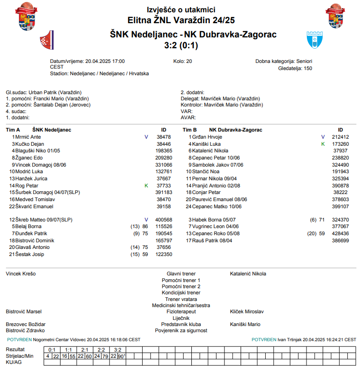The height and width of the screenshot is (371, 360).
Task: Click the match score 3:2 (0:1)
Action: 181,45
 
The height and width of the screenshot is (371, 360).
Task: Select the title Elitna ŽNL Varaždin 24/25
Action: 181,20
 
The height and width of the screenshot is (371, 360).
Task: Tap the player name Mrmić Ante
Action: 28,137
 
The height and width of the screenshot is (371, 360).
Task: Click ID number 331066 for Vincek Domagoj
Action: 163,165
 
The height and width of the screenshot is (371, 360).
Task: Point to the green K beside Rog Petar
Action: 146,186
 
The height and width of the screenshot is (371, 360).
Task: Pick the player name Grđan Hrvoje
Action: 207,137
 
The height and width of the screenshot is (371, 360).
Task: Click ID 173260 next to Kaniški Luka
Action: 340,144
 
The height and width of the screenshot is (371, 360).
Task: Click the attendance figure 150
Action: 308,68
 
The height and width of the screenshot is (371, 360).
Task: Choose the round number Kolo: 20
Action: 183,61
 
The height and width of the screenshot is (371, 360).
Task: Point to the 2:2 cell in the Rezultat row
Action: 101,350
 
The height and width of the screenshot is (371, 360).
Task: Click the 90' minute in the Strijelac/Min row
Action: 121,356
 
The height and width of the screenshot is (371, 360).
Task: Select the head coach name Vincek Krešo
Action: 20,274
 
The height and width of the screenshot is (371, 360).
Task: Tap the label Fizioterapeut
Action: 181,312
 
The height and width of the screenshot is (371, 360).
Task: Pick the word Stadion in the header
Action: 58,74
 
